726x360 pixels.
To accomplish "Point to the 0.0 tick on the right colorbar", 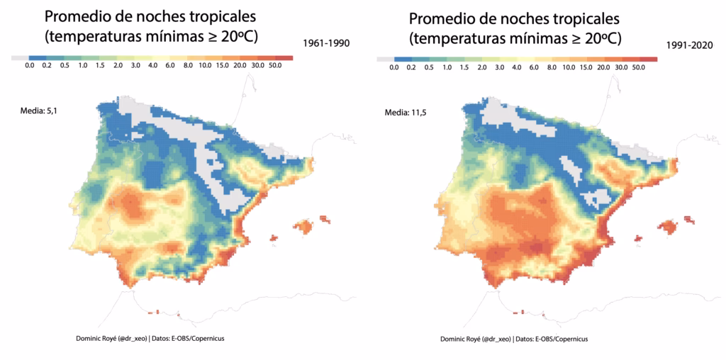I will click(394, 68).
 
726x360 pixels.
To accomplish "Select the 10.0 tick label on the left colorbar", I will click(206, 66).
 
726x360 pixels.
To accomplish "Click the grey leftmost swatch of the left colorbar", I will click(21, 57).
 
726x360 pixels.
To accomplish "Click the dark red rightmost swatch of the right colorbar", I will click(649, 60).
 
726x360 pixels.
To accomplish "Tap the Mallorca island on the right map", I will click(668, 227).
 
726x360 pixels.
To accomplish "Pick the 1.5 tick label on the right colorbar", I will click(464, 68).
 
